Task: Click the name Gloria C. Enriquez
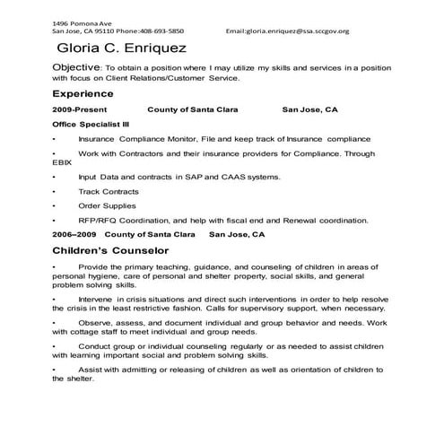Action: click(x=122, y=48)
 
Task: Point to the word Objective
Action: click(x=77, y=67)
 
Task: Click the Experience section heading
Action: click(x=83, y=92)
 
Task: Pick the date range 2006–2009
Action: click(x=75, y=234)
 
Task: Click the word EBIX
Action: click(x=62, y=164)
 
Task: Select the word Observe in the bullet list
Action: click(x=96, y=322)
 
